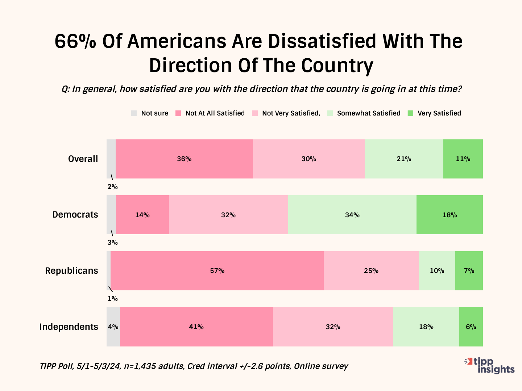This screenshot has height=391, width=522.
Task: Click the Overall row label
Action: click(x=83, y=159)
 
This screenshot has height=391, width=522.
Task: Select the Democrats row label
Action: click(x=75, y=215)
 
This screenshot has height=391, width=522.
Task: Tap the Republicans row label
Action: click(x=71, y=271)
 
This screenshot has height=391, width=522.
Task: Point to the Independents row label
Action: click(x=69, y=327)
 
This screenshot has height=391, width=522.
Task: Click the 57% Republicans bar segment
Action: click(x=217, y=271)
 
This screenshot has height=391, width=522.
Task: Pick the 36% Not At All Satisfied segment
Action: click(x=184, y=159)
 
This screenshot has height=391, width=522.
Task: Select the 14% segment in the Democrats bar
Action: click(x=142, y=215)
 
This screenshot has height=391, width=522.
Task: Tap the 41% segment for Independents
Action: click(x=196, y=327)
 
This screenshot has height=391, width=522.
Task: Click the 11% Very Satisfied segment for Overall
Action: click(x=463, y=159)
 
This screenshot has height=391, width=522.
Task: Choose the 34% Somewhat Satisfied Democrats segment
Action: click(x=352, y=215)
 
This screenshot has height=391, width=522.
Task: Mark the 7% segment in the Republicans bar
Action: click(x=469, y=271)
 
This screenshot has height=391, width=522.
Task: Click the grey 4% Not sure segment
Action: click(x=113, y=327)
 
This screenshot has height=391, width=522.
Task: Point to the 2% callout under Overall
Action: click(x=112, y=187)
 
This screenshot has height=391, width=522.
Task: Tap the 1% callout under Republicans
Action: click(x=112, y=299)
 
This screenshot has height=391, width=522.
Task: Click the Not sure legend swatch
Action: click(x=134, y=113)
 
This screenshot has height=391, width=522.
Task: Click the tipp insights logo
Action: click(x=490, y=365)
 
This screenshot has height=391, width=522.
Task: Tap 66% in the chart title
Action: click(x=75, y=41)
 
